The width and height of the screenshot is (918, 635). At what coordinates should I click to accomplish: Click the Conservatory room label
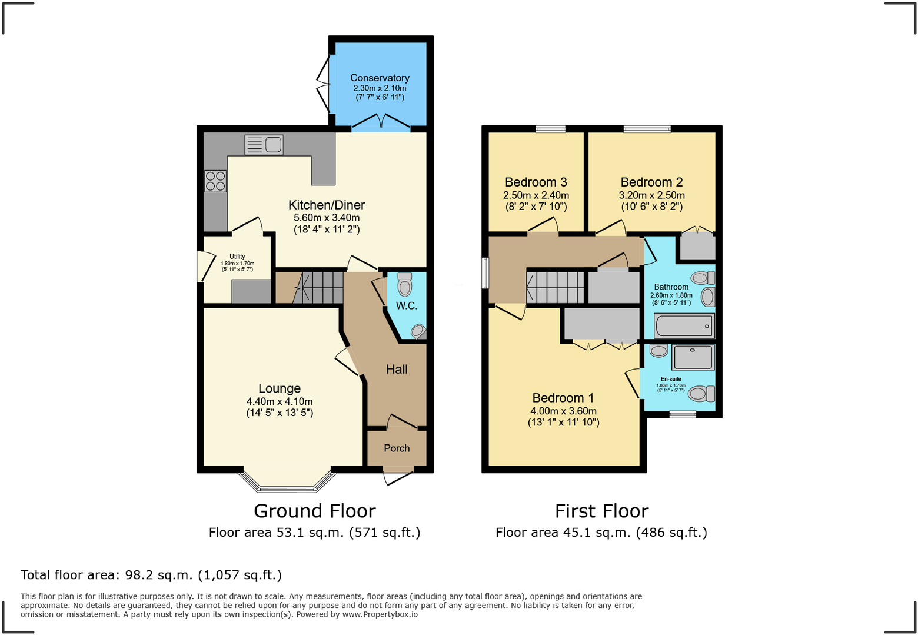click(380, 78)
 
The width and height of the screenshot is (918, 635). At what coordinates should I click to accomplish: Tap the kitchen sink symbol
click(264, 144)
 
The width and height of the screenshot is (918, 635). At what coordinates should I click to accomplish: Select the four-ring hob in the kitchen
click(215, 181)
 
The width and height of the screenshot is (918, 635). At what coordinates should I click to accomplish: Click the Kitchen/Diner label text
click(327, 205)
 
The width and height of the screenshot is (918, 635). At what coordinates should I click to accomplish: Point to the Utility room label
click(237, 257)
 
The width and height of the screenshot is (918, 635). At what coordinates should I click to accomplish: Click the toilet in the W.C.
click(404, 285)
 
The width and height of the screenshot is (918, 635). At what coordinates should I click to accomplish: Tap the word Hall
click(397, 369)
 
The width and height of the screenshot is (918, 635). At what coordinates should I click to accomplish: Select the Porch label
click(397, 448)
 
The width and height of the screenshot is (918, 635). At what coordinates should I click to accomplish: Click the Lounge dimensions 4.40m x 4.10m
click(280, 401)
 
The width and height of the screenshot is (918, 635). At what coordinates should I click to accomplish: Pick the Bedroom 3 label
click(535, 182)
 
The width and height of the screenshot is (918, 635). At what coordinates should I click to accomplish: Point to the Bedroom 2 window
click(647, 129)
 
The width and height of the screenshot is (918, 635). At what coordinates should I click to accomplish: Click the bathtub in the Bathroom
click(684, 325)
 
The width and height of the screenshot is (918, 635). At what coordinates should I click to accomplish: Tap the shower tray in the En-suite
click(693, 357)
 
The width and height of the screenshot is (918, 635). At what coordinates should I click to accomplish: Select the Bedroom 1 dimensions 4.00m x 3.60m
click(563, 411)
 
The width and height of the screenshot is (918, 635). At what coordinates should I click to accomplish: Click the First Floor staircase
click(556, 287)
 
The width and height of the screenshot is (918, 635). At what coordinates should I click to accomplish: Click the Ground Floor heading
click(314, 510)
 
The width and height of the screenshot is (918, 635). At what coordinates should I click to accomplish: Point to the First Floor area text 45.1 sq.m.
click(601, 533)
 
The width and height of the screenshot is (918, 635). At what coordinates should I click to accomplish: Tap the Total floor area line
click(151, 575)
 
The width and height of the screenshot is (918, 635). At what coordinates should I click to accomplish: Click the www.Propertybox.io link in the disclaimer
click(380, 614)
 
